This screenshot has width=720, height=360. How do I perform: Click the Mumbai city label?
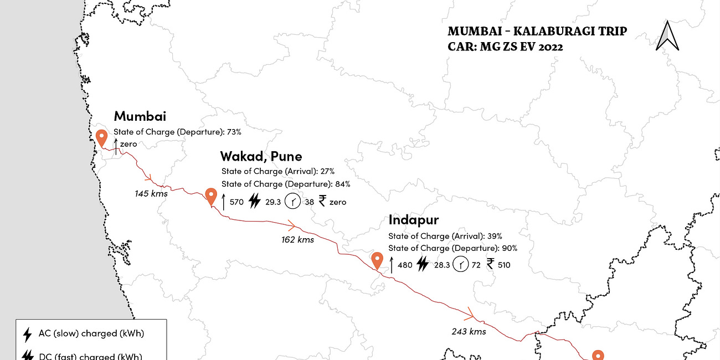[140, 116]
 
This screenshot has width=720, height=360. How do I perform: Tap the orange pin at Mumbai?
[101, 137]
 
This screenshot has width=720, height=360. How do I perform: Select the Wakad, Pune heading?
[261, 156]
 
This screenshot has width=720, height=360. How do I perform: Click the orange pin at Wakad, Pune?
[210, 196]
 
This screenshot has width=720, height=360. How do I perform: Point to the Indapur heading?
[413, 220]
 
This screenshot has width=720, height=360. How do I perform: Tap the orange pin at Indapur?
[378, 260]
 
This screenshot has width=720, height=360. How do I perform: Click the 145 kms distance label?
[151, 194]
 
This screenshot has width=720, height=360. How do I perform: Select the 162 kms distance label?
[297, 240]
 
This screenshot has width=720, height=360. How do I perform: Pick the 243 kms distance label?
[469, 331]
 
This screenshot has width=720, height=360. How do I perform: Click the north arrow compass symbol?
[667, 36]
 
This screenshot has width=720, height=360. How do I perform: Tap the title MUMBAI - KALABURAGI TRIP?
[537, 31]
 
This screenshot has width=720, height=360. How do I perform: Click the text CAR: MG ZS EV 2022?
[505, 47]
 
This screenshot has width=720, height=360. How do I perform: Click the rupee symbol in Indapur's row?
[491, 264]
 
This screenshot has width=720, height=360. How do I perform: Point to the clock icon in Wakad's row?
[293, 202]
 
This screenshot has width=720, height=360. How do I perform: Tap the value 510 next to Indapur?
[504, 265]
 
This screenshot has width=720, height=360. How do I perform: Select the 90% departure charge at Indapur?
[510, 248]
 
